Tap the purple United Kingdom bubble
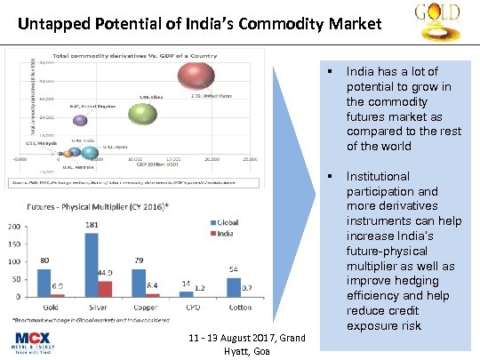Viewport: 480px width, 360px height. click(x=79, y=119)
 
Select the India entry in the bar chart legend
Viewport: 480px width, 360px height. click(x=223, y=233)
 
